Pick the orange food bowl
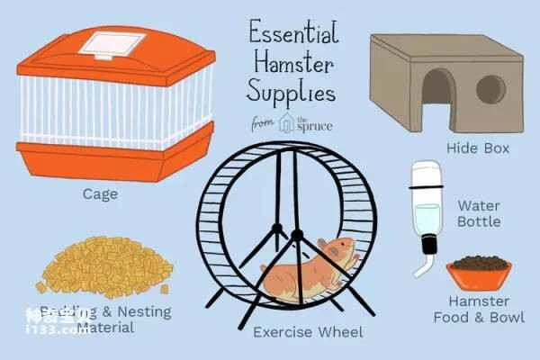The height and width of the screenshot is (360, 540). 478,270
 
